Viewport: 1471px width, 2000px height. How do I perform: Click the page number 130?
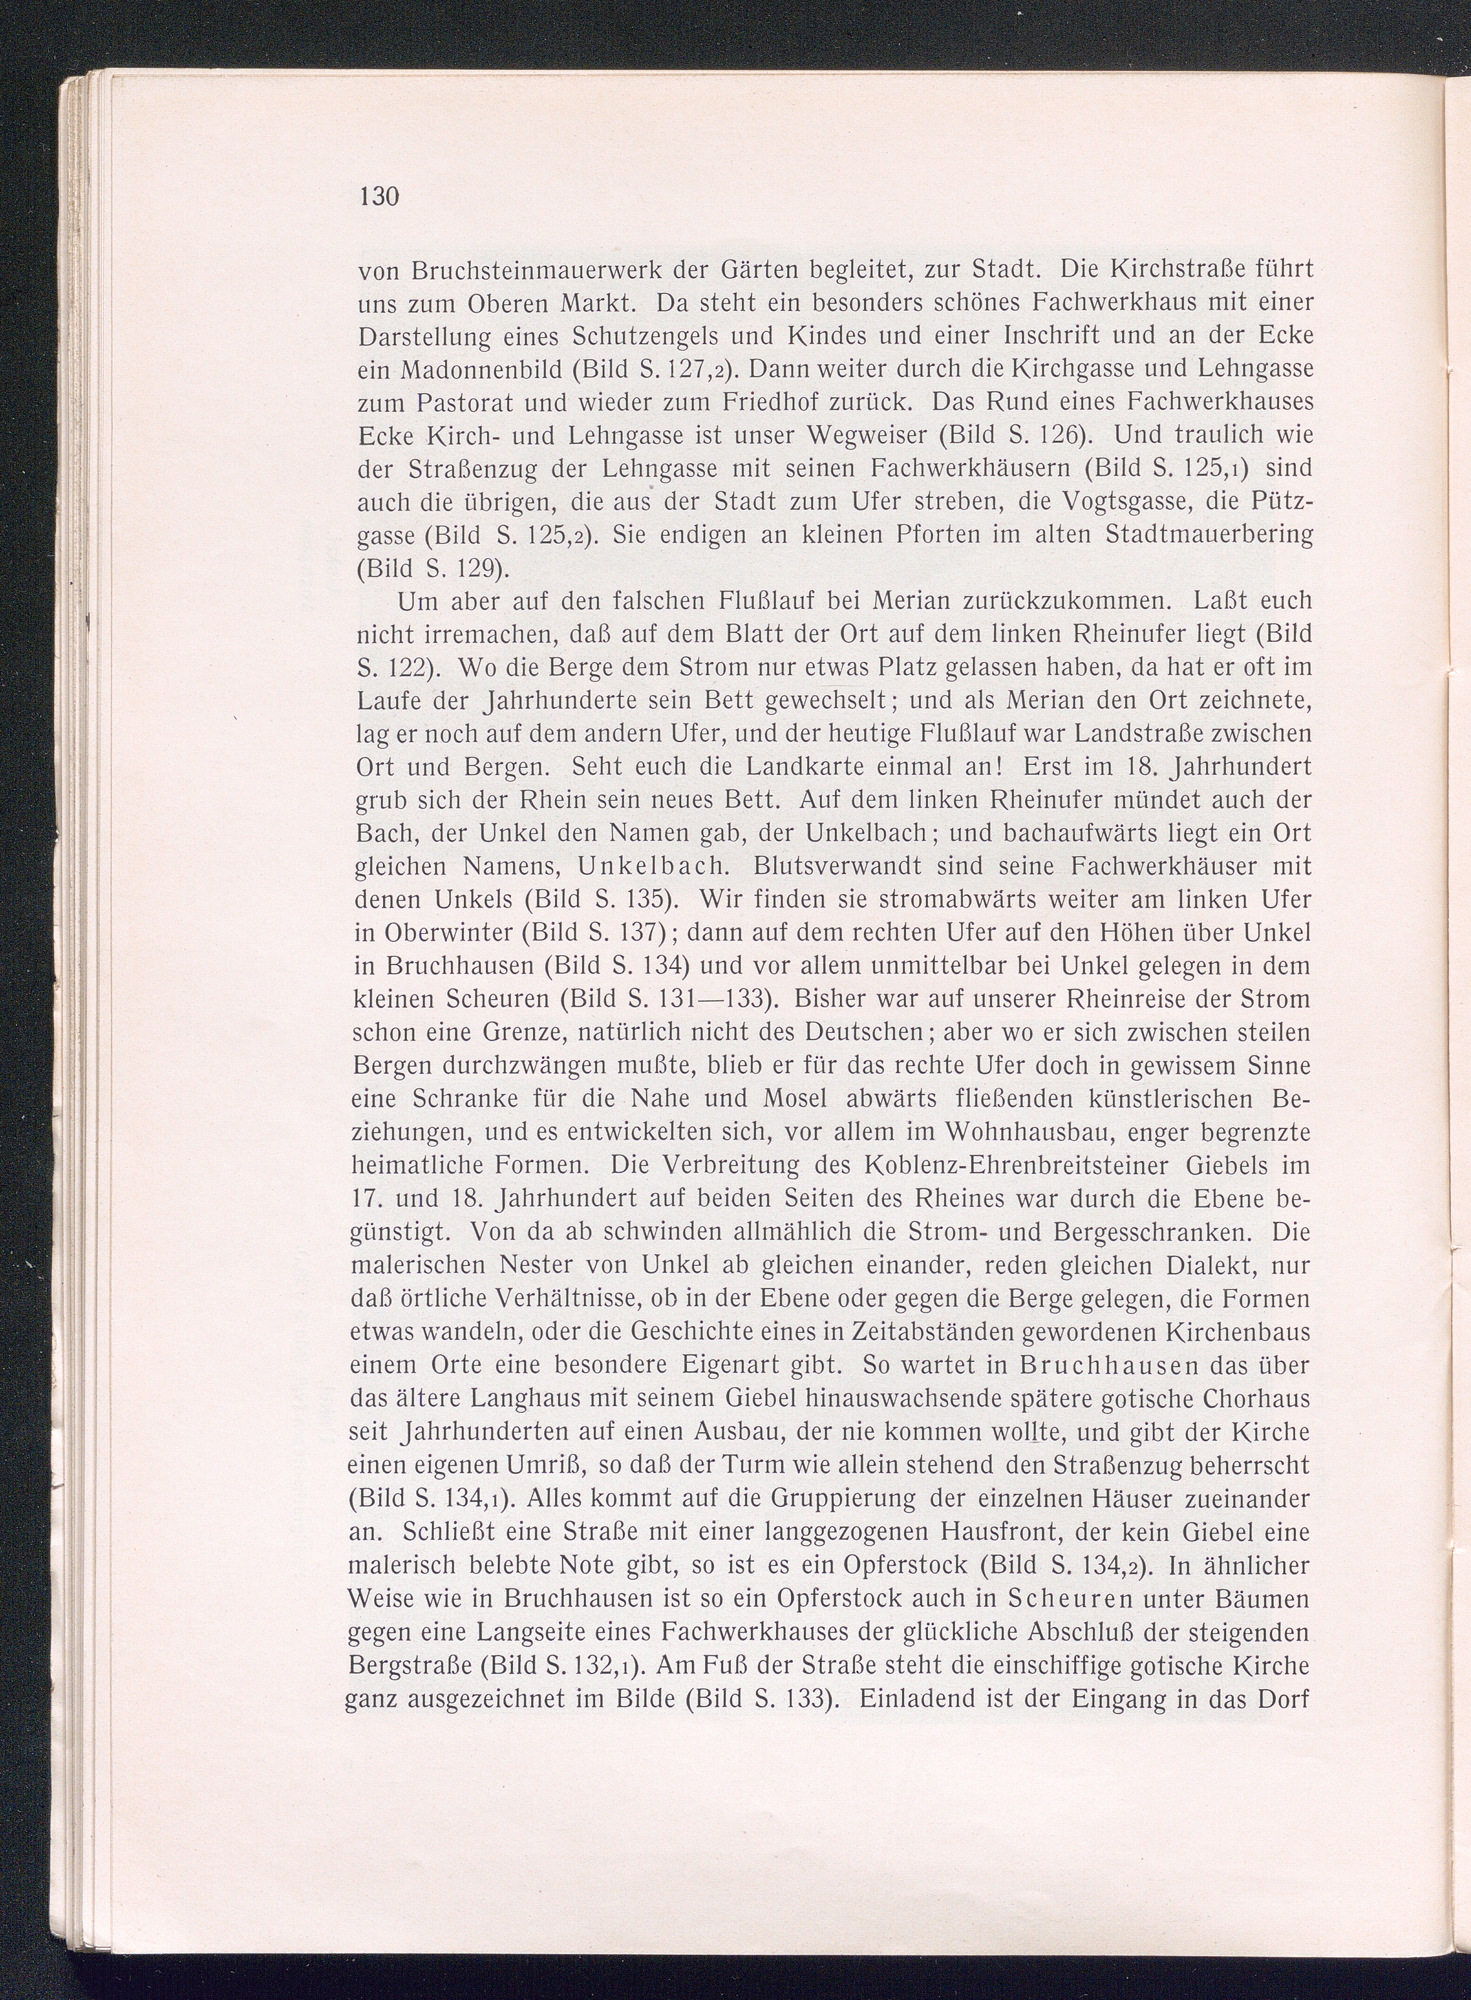[377, 195]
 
